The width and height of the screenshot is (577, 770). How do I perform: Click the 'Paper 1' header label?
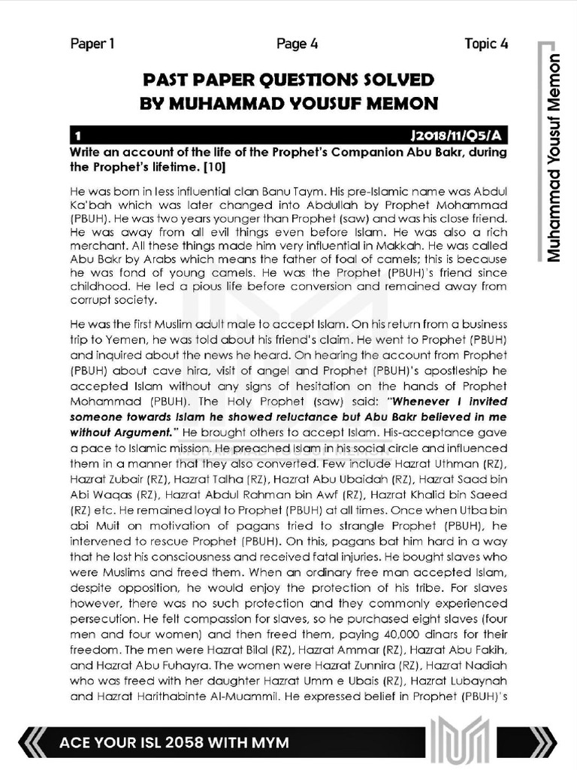tap(92, 44)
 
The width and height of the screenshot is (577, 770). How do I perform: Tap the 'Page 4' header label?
tap(297, 44)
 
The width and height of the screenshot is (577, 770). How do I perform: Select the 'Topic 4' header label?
tap(485, 44)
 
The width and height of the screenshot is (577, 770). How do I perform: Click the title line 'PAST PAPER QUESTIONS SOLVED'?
tap(288, 80)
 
